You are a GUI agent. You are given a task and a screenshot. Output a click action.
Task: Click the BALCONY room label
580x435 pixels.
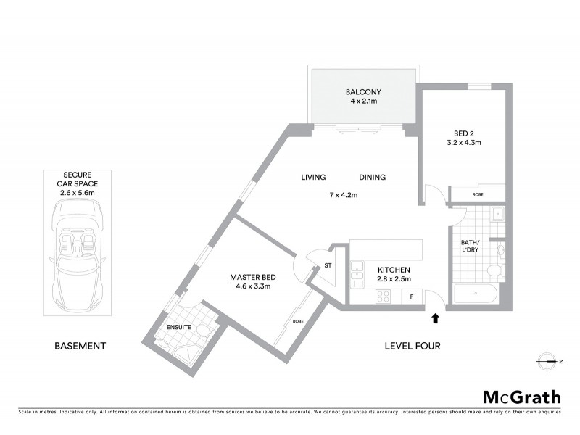pos(363,92)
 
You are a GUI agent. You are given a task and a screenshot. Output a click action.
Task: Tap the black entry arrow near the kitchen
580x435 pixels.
pos(435,318)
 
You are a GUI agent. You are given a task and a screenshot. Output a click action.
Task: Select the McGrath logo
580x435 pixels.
pos(522,397)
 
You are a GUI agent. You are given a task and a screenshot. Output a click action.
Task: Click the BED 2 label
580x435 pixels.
pos(467,133)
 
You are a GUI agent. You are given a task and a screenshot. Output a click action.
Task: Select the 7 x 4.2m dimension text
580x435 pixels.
pos(344,194)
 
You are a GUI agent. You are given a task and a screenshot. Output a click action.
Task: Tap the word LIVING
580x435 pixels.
pos(314,178)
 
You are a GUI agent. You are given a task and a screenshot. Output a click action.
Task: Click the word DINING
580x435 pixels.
pos(372,178)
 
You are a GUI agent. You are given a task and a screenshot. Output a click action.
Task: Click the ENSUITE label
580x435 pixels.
pos(178,328)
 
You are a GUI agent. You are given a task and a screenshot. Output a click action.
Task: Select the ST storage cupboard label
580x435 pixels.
pos(327,265)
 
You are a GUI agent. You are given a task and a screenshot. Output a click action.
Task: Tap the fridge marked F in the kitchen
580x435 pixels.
pos(412,296)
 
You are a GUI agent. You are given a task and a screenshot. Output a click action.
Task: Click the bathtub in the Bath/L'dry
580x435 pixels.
pos(476,294)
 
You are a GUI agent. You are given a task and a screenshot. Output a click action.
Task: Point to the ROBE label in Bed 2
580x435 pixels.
pos(477,194)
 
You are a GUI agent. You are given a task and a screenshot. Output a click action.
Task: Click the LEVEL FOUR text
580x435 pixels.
pos(412,346)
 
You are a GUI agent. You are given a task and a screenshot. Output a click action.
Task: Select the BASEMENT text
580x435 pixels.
pos(80,346)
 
